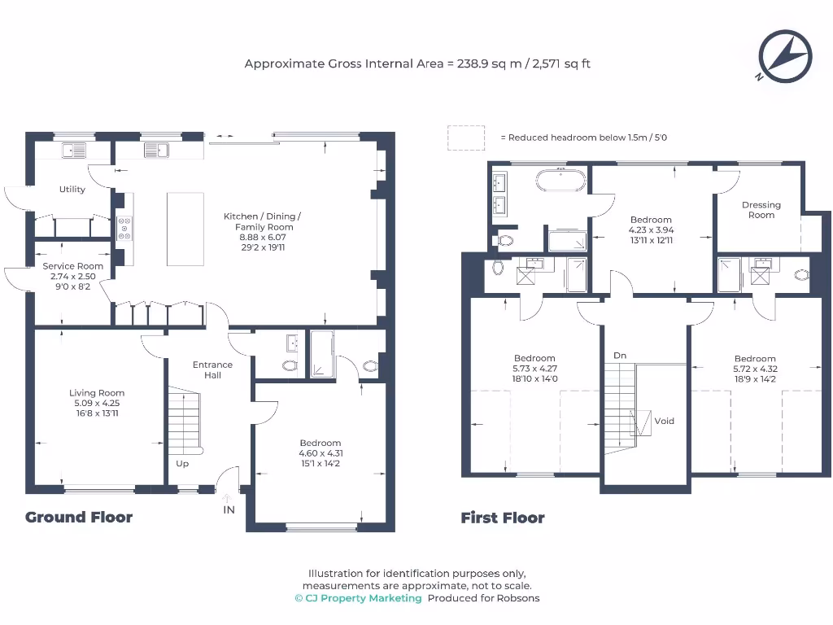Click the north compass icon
click(785, 57)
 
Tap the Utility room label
click(72, 189)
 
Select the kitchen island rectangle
click(185, 229)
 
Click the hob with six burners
click(124, 228)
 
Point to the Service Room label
click(72, 266)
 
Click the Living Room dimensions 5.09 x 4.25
click(97, 403)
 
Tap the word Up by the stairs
click(182, 464)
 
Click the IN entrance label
click(229, 509)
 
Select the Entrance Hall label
click(212, 370)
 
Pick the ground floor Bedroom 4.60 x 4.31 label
click(321, 452)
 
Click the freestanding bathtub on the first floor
click(561, 180)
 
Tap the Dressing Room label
click(761, 210)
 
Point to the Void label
click(664, 421)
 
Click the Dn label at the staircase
click(620, 356)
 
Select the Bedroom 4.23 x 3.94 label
click(651, 229)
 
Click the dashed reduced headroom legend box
click(466, 138)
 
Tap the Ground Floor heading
click(79, 517)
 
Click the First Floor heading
click(503, 518)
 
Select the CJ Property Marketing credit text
click(359, 598)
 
